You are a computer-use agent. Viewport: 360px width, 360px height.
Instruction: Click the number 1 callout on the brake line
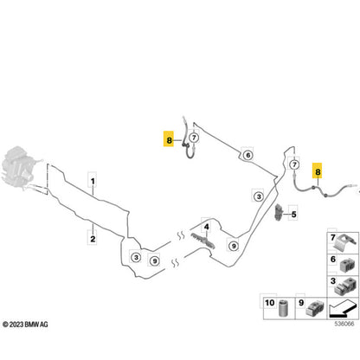[x=93, y=182]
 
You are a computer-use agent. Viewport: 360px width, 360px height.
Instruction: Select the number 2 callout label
[x=93, y=239]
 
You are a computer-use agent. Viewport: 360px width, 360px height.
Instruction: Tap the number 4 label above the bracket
[x=207, y=227]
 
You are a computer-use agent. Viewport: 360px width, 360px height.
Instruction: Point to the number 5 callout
[x=293, y=215]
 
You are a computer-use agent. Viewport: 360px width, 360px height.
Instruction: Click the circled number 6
[x=247, y=155]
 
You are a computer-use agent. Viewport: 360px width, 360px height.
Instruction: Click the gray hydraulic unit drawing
[x=18, y=168]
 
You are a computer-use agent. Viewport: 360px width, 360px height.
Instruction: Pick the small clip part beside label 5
[x=279, y=212]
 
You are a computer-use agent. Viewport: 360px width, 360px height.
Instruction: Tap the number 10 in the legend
[x=270, y=303]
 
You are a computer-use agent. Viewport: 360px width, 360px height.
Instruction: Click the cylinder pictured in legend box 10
[x=284, y=308]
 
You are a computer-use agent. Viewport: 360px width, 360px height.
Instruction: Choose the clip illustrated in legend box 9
[x=315, y=308]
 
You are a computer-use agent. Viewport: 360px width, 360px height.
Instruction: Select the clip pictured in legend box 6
[x=349, y=265]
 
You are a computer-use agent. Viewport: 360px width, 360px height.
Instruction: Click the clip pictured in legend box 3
[x=346, y=286]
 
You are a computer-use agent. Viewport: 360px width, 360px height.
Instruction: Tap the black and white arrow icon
[x=343, y=308]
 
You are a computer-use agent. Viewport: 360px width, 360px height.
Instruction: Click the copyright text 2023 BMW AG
[x=25, y=325]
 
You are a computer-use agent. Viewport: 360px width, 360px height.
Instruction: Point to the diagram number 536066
[x=344, y=324]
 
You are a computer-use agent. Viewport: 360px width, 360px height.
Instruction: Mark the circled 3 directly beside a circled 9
[x=136, y=257]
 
